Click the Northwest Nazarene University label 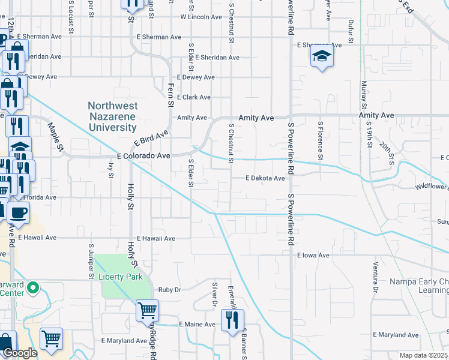tap(113, 116)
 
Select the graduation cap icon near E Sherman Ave tap(322, 57)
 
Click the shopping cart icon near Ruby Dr tap(147, 311)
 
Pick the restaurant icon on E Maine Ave tap(232, 320)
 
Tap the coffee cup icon tap(18, 213)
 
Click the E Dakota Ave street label tap(265, 178)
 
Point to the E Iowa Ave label tap(314, 255)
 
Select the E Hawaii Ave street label tap(155, 238)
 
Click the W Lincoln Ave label tap(201, 17)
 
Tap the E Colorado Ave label tap(143, 155)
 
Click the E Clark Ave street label tap(193, 97)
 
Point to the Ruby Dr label tap(169, 290)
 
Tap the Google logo tap(19, 353)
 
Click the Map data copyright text tap(423, 355)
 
